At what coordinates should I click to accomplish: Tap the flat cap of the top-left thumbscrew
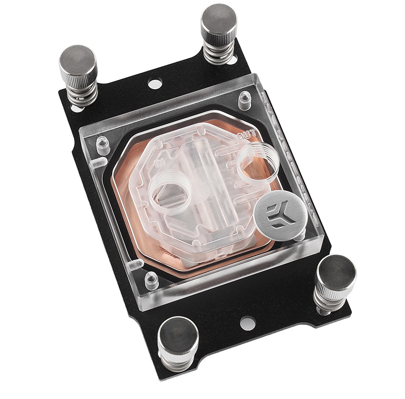[78, 59]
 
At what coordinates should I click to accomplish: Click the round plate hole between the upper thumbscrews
[152, 84]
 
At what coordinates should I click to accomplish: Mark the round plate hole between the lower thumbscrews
[246, 322]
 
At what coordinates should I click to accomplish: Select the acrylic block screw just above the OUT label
[244, 101]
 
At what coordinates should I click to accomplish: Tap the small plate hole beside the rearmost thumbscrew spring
[232, 61]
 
